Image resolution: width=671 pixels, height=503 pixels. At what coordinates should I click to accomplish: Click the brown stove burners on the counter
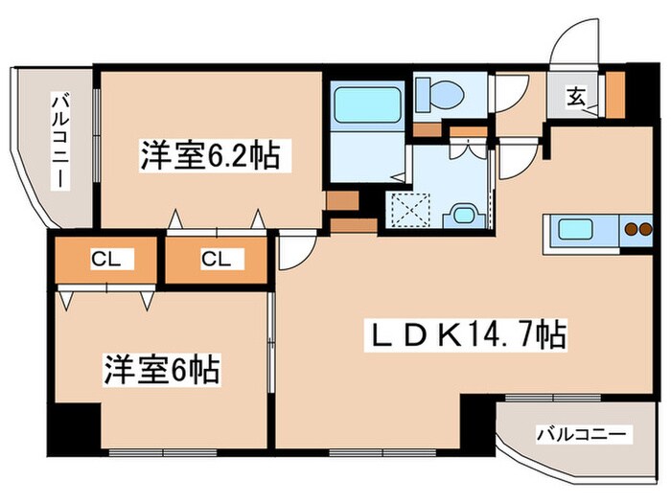[x=636, y=229]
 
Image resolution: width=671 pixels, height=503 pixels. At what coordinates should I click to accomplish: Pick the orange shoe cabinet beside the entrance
[x=613, y=92]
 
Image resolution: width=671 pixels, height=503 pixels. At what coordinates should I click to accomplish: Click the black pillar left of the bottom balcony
[x=476, y=417]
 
